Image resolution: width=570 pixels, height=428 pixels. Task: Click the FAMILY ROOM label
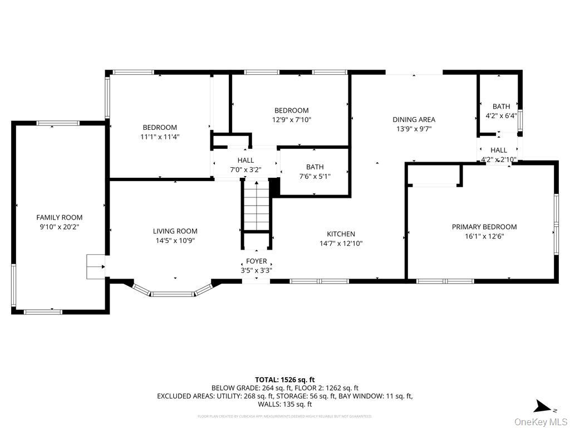point(60,217)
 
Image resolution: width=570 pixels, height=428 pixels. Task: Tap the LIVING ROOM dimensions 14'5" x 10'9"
point(175,241)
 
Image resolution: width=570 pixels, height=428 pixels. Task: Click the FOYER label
point(257,261)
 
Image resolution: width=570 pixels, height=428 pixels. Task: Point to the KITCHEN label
point(341,234)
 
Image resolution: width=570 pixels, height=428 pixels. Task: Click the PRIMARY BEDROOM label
point(484,227)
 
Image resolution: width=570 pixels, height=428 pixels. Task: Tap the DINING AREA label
point(414,119)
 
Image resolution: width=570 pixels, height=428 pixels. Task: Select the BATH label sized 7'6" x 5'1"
point(315,167)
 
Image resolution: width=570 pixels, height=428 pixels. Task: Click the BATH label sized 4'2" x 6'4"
point(501,106)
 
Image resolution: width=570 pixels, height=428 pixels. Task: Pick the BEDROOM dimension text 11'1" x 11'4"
point(160,137)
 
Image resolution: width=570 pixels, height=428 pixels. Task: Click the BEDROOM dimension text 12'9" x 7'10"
point(291,120)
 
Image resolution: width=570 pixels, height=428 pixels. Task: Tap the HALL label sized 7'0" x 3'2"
point(245,160)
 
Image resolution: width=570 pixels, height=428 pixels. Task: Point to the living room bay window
point(173,291)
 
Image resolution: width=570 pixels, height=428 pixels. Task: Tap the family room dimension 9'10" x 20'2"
point(60,227)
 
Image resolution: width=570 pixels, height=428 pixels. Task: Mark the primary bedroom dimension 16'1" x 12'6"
point(484,236)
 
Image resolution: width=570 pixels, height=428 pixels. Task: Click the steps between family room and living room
point(96,266)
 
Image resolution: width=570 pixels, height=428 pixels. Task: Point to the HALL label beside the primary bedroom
point(499,150)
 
